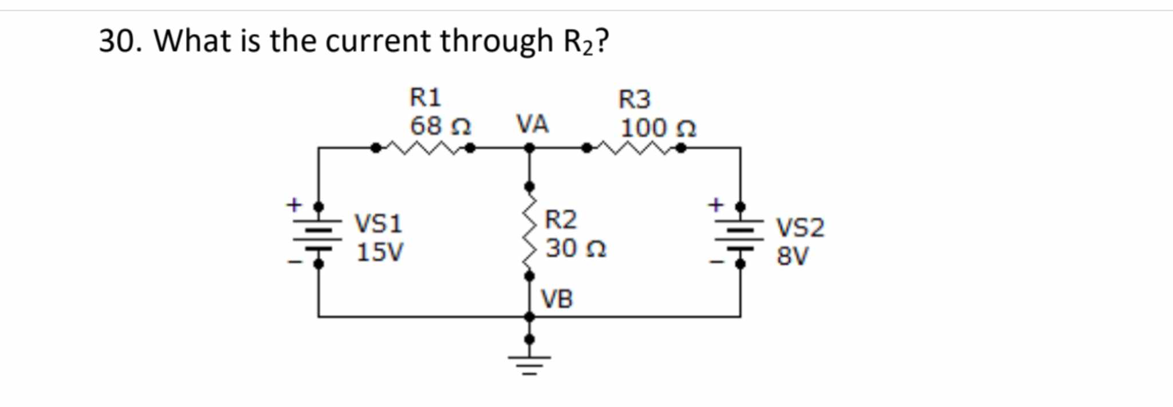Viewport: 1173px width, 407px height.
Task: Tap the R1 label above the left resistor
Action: click(425, 98)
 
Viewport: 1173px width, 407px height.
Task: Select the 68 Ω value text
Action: click(440, 126)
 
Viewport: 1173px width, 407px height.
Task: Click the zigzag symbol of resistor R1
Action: click(423, 148)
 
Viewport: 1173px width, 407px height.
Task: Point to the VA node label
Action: click(532, 124)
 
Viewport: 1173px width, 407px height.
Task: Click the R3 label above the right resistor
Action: click(634, 100)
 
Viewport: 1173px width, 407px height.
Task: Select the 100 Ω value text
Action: click(658, 128)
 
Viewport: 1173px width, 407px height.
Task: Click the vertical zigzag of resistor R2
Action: click(530, 231)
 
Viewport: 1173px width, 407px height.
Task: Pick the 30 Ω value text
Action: click(575, 248)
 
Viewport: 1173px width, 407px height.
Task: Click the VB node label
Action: click(557, 299)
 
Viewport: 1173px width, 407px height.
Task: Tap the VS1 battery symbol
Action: click(318, 235)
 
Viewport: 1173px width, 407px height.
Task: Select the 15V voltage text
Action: click(379, 252)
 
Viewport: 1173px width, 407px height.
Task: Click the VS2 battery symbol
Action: click(740, 235)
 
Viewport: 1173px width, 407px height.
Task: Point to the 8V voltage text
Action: click(792, 256)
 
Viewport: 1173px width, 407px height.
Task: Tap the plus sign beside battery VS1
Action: click(294, 204)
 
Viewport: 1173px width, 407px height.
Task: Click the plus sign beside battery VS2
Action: click(715, 204)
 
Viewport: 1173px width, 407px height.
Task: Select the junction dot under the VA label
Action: click(530, 148)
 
